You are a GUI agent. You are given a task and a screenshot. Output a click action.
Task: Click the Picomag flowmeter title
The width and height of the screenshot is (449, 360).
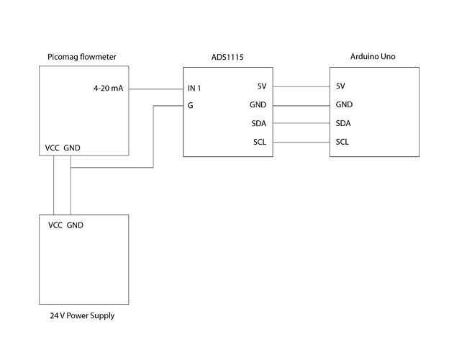(82, 57)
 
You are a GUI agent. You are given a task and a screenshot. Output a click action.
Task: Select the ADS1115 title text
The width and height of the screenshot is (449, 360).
(227, 57)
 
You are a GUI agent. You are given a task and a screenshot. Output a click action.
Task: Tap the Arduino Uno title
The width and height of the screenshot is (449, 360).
(373, 56)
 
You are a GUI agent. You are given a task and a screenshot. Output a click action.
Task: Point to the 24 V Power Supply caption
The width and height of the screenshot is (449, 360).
(82, 315)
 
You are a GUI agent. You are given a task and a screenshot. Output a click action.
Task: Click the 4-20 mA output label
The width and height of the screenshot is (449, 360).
(108, 88)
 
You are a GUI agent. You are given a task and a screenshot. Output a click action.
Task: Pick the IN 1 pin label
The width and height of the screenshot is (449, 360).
(194, 88)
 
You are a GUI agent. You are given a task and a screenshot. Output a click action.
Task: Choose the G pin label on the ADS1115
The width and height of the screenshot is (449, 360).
(190, 105)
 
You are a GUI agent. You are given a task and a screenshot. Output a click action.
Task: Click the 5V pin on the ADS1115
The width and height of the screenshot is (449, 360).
(262, 86)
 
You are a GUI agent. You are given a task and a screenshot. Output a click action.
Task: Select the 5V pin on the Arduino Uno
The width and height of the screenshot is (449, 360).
(340, 86)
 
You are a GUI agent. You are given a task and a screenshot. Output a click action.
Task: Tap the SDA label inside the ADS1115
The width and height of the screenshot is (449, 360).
(259, 124)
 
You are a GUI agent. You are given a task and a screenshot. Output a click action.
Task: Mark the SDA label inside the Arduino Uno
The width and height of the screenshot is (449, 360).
(343, 123)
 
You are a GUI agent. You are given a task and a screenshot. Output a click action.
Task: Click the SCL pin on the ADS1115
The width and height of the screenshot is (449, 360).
(260, 142)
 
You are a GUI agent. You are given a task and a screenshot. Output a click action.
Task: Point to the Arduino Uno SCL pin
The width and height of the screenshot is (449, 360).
(343, 142)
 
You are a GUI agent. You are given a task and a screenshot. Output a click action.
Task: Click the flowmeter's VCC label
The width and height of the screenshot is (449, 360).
(52, 148)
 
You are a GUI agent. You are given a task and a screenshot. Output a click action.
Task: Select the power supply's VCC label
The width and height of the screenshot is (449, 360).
(55, 225)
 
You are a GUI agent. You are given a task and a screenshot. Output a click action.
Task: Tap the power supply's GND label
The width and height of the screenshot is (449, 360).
(75, 225)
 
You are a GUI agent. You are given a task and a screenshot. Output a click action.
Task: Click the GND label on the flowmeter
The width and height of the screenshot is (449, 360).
(72, 148)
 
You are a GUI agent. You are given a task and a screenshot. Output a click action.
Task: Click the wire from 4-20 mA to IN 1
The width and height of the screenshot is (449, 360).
(156, 89)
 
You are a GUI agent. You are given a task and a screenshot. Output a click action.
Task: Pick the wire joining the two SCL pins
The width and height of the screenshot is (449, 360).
(301, 142)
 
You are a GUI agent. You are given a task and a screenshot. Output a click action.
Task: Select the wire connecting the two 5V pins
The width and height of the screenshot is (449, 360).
(301, 86)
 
